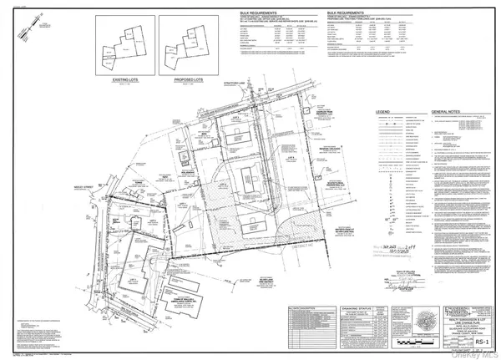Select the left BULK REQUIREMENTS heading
pos(281,15)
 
